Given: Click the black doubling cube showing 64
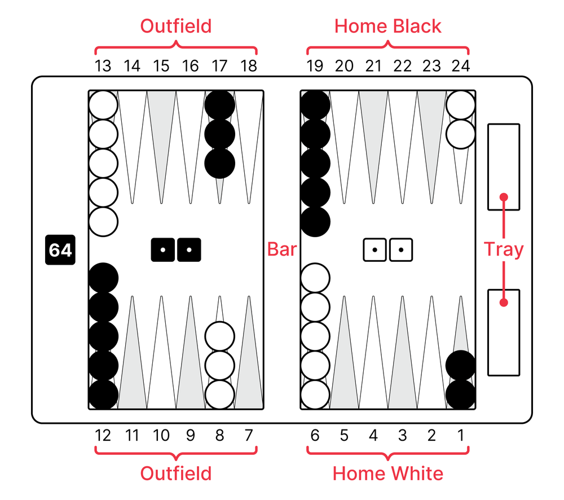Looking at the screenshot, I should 60,250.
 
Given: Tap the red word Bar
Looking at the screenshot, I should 281,249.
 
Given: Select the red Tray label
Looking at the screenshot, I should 504,249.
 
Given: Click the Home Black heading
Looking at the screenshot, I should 387,26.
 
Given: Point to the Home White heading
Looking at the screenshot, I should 387,473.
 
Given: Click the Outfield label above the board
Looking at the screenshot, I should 175,26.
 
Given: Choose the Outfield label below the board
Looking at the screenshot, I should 175,473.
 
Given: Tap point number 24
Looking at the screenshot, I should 461,66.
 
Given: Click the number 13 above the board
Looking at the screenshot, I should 103,66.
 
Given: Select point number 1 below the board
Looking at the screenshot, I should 461,435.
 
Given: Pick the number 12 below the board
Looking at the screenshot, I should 103,435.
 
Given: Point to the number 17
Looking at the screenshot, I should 219,66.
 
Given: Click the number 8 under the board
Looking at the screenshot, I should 219,435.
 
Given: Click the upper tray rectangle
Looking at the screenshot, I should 504,166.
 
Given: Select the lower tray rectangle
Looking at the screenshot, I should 504,332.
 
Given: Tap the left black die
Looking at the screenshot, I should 162,249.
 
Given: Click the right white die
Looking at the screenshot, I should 401,249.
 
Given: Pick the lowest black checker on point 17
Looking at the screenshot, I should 219,163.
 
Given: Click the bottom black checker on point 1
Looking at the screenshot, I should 461,394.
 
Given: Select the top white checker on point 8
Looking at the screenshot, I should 219,336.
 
